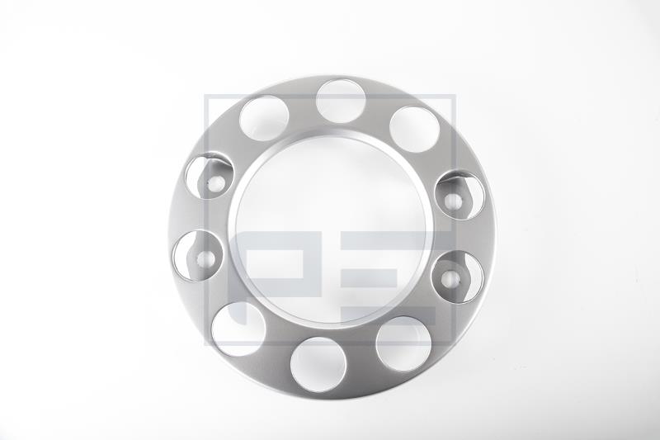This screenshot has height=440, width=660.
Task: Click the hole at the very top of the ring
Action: pos(341,101)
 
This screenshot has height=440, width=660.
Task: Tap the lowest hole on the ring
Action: pos(318,364)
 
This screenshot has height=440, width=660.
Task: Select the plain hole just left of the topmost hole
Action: pos(264,118)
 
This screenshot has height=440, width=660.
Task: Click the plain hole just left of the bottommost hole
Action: pos(238,329)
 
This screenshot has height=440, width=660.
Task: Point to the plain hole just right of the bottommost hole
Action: pos(403,343)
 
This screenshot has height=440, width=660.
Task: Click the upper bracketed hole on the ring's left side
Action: pos(210,177)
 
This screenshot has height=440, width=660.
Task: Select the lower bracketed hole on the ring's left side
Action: pos(197,256)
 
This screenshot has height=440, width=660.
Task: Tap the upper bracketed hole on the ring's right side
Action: pos(460,195)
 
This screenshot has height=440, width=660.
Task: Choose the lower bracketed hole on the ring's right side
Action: pos(458,277)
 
